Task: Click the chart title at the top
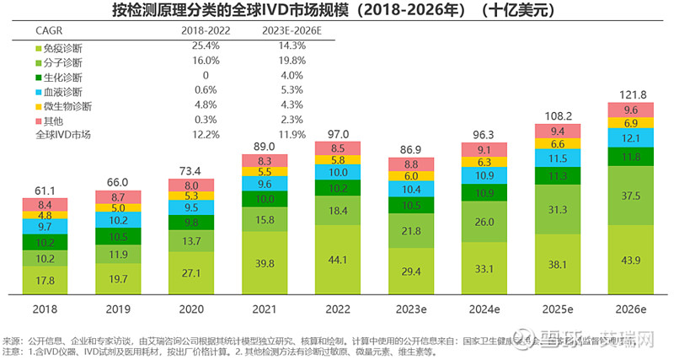(x=337, y=12)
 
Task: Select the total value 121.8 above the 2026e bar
(x=629, y=94)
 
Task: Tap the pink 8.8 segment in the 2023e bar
(x=412, y=165)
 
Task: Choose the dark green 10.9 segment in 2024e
(x=484, y=193)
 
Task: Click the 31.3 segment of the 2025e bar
(x=557, y=210)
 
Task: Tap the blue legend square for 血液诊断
(x=39, y=91)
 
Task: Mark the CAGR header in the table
(x=48, y=30)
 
